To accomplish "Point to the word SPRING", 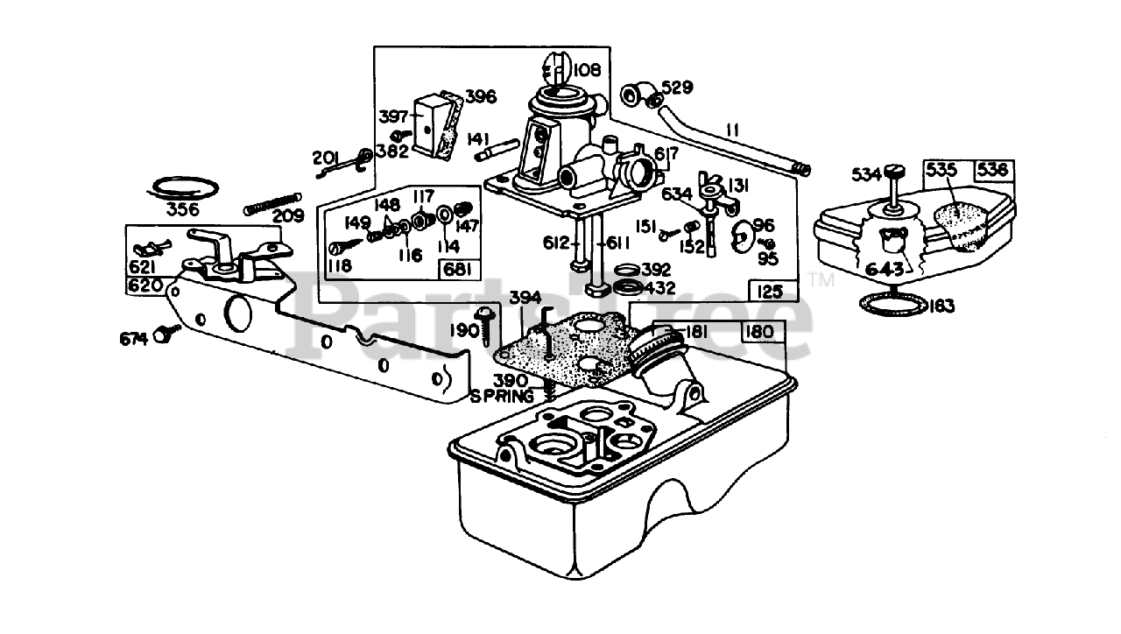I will [502, 396].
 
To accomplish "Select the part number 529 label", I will [677, 88].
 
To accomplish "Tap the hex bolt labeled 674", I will [162, 335].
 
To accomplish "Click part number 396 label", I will [481, 95].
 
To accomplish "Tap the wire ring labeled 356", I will [183, 187].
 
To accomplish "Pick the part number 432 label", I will [656, 287].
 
